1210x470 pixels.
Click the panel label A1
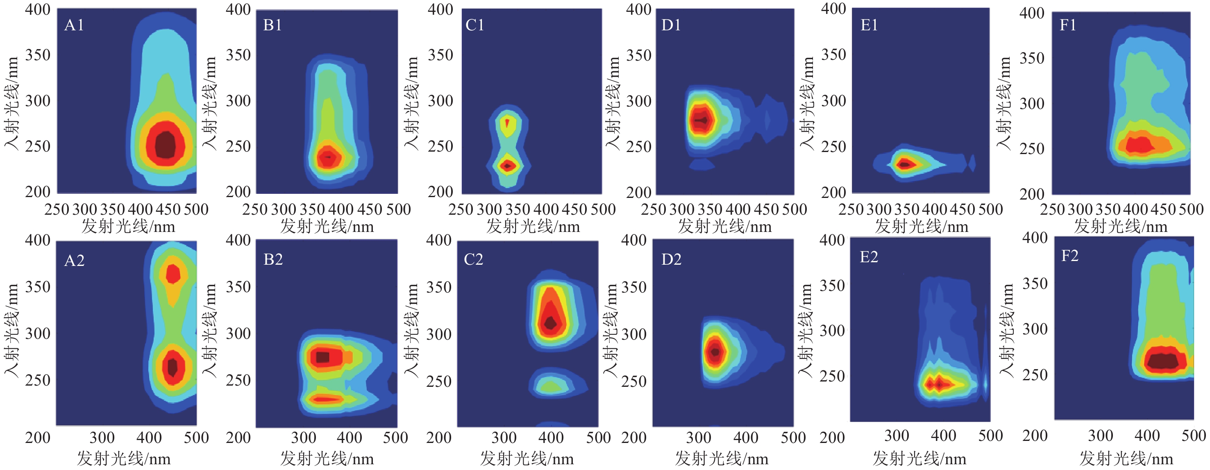[x=74, y=25]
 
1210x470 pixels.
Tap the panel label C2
[x=474, y=259]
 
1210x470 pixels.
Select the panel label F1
[x=1068, y=25]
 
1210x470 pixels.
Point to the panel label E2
[x=869, y=257]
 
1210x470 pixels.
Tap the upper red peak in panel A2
[x=173, y=274]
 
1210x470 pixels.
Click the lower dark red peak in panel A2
[x=173, y=367]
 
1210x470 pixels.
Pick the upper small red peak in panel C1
[x=507, y=123]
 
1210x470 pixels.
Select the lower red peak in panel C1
[x=507, y=166]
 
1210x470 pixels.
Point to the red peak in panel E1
[x=905, y=164]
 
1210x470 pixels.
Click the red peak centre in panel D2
[x=715, y=351]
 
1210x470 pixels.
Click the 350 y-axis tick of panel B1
[x=238, y=55]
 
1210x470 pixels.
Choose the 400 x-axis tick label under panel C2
[x=551, y=438]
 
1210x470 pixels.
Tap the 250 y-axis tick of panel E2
[x=832, y=376]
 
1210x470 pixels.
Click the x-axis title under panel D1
[x=724, y=227]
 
